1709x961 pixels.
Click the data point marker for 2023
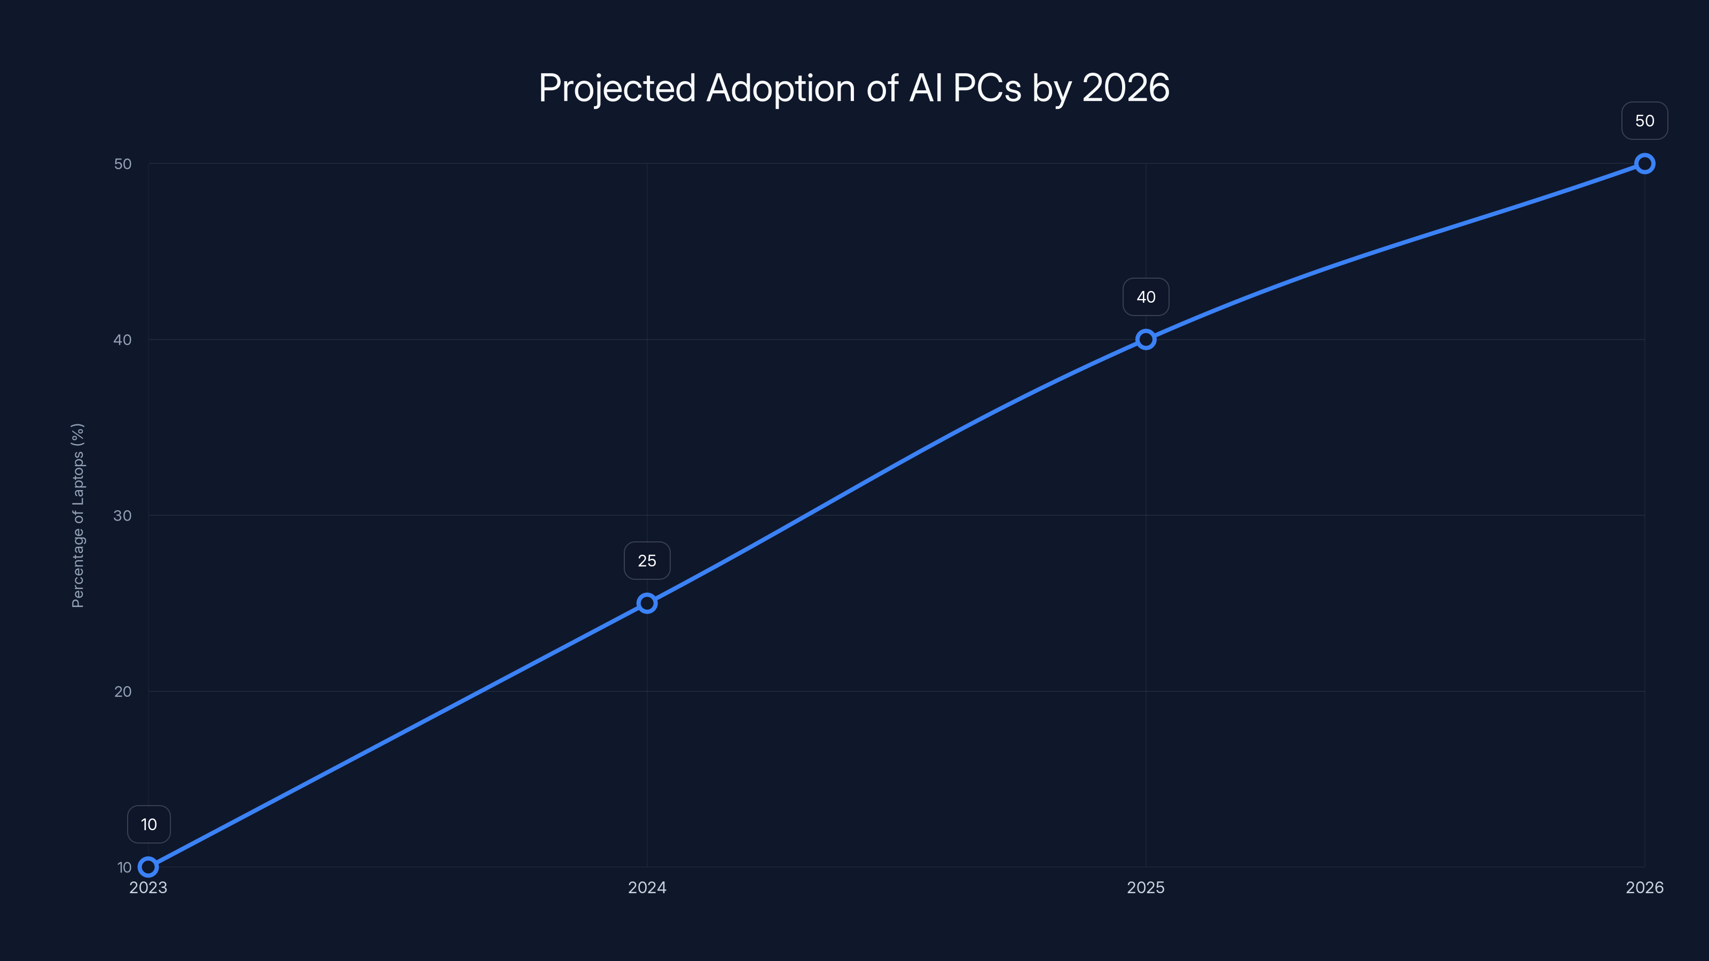(148, 867)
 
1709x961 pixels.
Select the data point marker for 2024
(647, 603)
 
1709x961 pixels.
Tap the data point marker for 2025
(1146, 340)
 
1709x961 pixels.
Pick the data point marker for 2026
(1645, 164)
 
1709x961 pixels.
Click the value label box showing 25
(647, 561)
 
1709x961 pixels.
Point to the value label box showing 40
(1146, 297)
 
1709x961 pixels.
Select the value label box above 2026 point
(1645, 121)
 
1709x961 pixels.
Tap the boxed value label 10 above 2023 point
(148, 824)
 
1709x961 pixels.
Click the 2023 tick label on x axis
(148, 887)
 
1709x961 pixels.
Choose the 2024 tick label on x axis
(647, 887)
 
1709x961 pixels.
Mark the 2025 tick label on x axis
(1146, 887)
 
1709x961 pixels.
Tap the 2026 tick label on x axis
(1645, 887)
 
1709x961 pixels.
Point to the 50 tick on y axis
(123, 164)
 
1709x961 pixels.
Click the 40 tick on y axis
(123, 340)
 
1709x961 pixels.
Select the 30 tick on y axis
(123, 515)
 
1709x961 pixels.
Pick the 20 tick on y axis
(123, 691)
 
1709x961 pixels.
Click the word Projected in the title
(617, 88)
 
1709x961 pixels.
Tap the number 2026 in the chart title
(1126, 88)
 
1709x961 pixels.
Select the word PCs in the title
(986, 88)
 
